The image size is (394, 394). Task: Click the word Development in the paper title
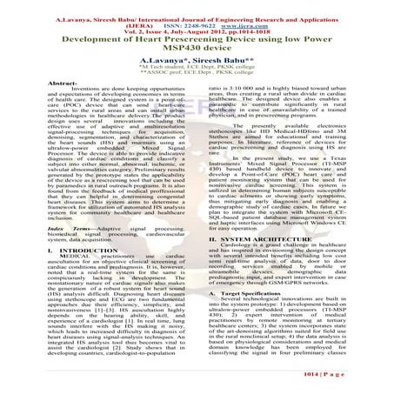[x=60, y=39]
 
